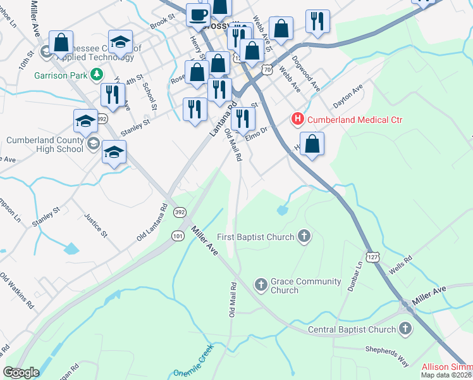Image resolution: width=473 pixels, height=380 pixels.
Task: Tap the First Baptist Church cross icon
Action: [304, 237]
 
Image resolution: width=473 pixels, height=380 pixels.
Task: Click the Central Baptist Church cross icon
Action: [405, 329]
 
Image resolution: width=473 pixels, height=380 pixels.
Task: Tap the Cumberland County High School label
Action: [45, 144]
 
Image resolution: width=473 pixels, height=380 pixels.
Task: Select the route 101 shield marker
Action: [177, 236]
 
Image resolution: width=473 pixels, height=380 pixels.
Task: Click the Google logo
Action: [20, 372]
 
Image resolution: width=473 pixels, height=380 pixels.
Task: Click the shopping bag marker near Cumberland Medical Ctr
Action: [312, 144]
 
